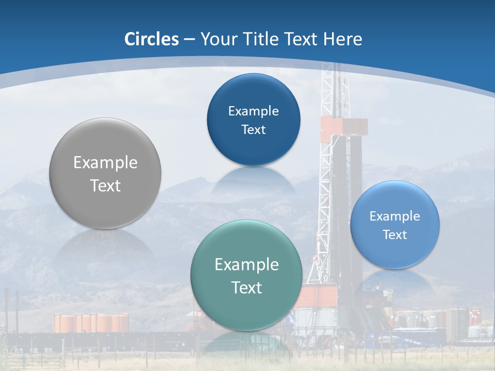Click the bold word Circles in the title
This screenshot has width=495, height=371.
coord(151,39)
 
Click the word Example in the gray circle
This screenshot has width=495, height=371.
coord(105,163)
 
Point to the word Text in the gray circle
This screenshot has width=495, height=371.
coord(105,185)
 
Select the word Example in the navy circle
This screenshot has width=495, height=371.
coord(253,111)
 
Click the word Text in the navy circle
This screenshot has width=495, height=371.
coord(253,130)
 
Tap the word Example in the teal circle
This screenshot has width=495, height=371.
coord(246,265)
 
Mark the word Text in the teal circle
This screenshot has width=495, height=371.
coord(246,288)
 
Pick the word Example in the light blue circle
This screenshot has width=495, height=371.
coord(395,216)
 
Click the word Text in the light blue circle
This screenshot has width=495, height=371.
coord(395,235)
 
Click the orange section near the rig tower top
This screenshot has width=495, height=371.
coord(344,129)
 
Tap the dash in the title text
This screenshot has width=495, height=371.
coord(189,39)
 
